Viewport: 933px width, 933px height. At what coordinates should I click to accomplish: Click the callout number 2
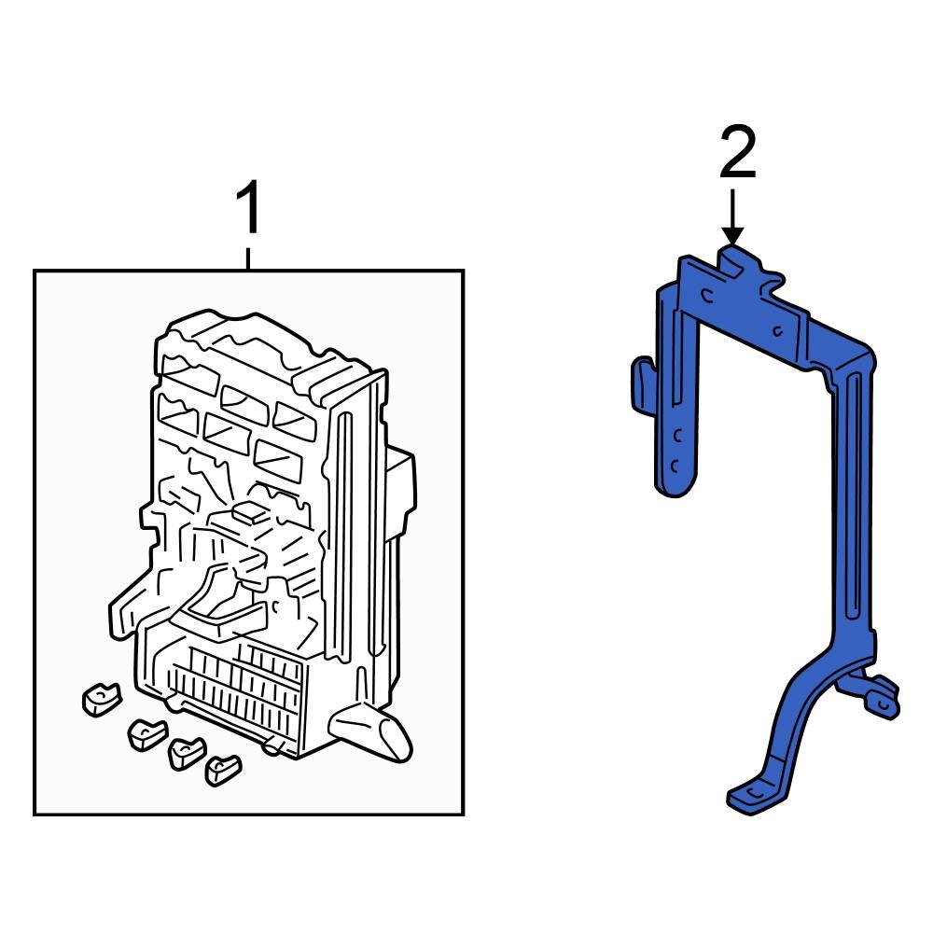click(x=736, y=155)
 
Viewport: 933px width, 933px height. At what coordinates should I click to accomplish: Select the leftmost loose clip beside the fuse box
click(x=101, y=699)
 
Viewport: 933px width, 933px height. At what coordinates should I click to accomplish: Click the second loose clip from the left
click(x=146, y=733)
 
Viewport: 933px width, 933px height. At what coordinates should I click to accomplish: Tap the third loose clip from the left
click(x=187, y=751)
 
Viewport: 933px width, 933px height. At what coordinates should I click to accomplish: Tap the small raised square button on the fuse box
click(x=249, y=510)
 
